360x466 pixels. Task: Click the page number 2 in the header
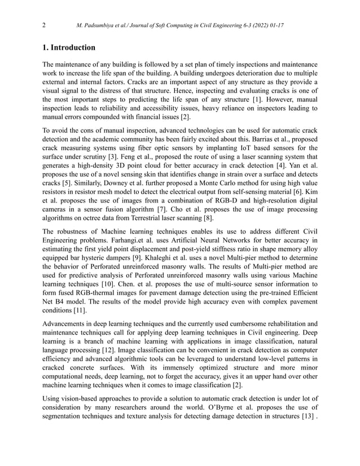(x=44, y=25)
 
